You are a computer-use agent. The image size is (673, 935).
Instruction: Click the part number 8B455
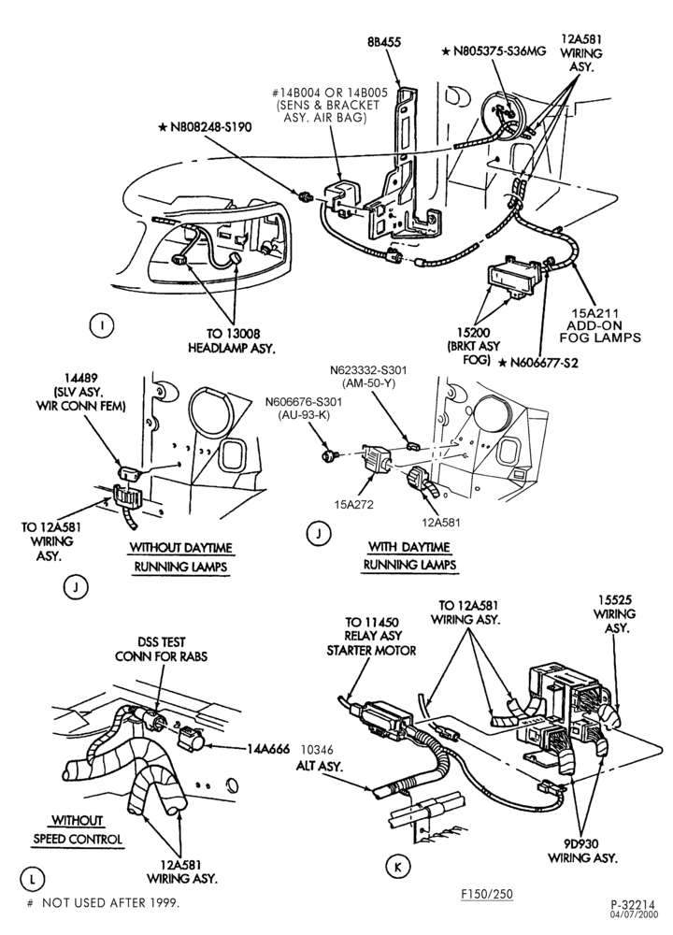pos(383,42)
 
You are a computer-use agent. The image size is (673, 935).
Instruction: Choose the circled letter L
pos(32,878)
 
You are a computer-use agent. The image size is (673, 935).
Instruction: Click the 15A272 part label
pos(353,504)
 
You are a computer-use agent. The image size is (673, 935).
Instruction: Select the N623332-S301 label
pos(368,369)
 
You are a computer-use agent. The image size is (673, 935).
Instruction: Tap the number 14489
pos(83,379)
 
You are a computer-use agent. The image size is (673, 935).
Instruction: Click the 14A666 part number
pos(268,749)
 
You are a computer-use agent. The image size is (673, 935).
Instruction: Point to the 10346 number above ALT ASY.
pos(317,750)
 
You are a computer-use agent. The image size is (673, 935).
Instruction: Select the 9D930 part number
pos(581,843)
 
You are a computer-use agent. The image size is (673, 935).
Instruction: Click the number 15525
pos(616,600)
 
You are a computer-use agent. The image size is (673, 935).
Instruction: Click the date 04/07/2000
pos(634,913)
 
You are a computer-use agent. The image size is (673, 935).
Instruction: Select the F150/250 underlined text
pos(486,893)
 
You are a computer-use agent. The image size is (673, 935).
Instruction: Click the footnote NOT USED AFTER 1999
pos(110,903)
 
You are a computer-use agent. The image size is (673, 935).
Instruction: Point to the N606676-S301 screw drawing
pos(328,456)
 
